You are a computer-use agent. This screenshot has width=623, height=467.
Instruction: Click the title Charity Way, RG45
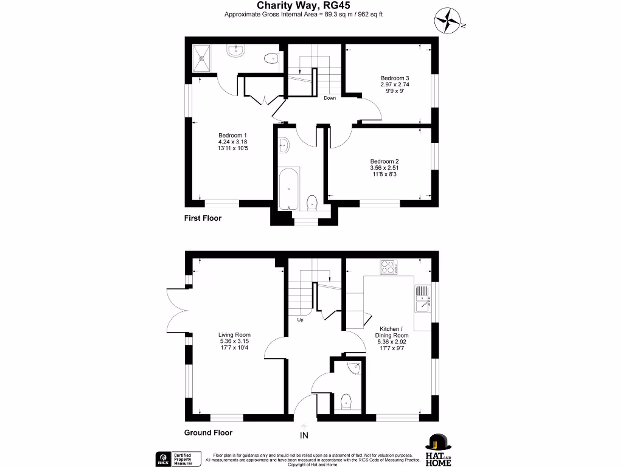tap(311, 5)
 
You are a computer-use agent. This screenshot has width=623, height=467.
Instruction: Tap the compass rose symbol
tap(448, 19)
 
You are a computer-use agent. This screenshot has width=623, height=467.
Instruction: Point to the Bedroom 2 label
tap(385, 161)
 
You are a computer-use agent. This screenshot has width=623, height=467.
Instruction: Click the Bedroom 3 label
tap(395, 78)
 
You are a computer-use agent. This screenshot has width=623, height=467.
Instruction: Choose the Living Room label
tap(234, 334)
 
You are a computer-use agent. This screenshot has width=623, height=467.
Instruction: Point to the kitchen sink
tap(422, 298)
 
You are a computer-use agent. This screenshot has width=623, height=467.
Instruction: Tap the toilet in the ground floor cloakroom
tap(346, 401)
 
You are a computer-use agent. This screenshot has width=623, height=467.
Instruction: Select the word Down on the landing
tap(330, 98)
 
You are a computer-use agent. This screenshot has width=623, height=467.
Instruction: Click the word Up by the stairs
tap(300, 320)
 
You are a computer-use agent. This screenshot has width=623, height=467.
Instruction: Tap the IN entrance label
tap(304, 435)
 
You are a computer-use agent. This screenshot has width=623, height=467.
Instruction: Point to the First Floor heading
tap(203, 218)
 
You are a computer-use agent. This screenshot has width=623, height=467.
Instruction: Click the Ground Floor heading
tap(208, 433)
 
